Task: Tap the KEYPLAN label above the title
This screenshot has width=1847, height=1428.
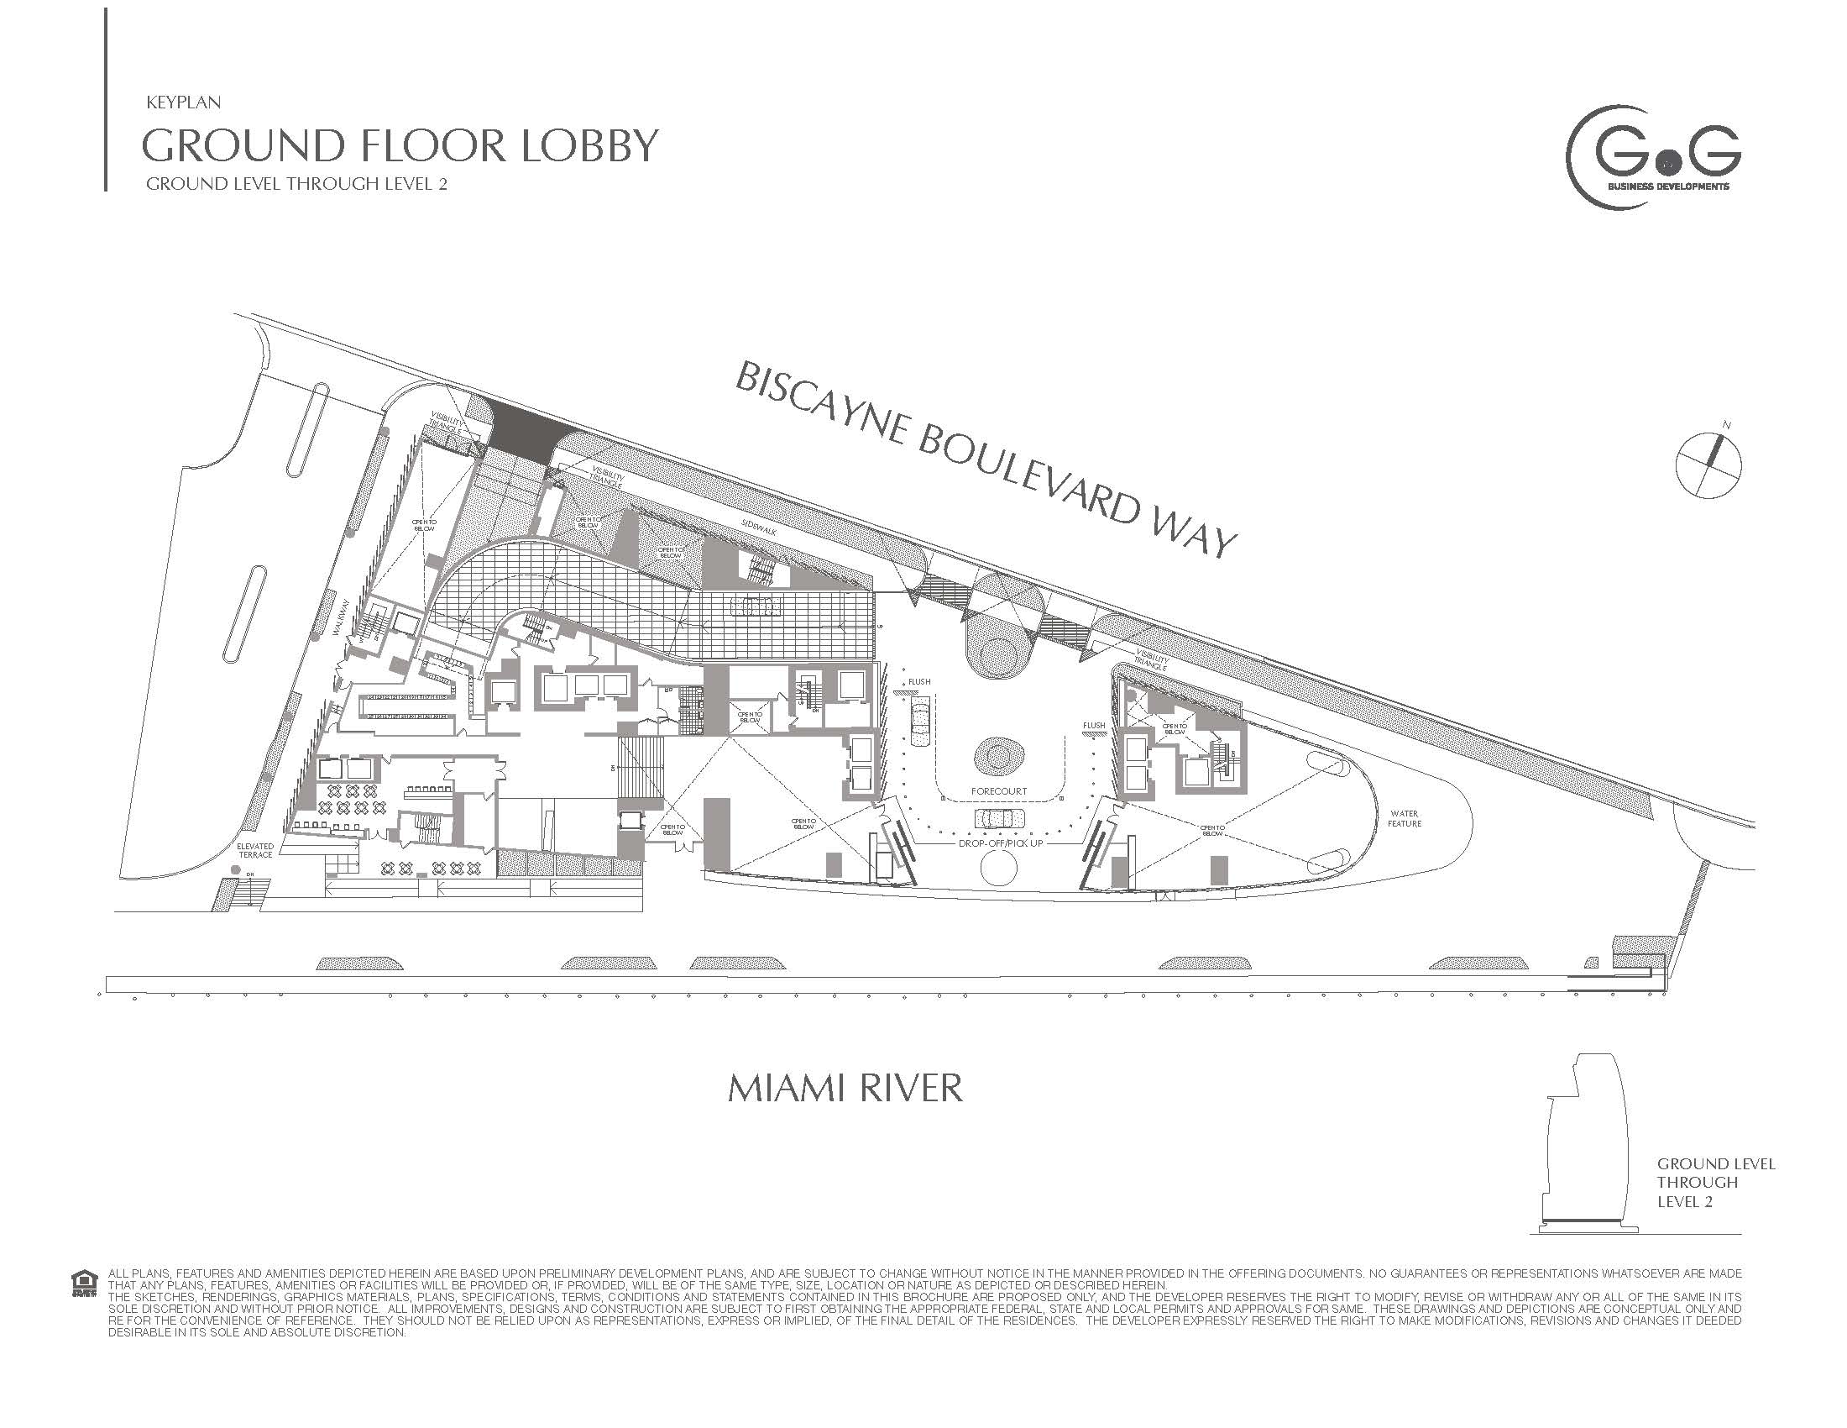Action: [x=183, y=102]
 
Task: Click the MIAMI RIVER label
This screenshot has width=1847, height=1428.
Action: [x=845, y=1088]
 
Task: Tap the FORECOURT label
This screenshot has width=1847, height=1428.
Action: [x=999, y=792]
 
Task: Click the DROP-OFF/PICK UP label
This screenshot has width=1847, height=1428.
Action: [x=1001, y=843]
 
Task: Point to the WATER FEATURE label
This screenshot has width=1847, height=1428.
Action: [x=1404, y=818]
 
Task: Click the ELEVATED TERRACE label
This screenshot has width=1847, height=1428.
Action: [x=254, y=850]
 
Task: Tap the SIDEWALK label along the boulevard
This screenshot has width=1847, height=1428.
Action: [x=759, y=526]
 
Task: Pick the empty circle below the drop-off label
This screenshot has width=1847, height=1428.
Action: [x=999, y=869]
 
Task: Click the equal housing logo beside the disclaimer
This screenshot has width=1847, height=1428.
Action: [x=84, y=1284]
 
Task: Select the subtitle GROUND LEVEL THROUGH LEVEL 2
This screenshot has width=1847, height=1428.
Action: [x=296, y=184]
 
